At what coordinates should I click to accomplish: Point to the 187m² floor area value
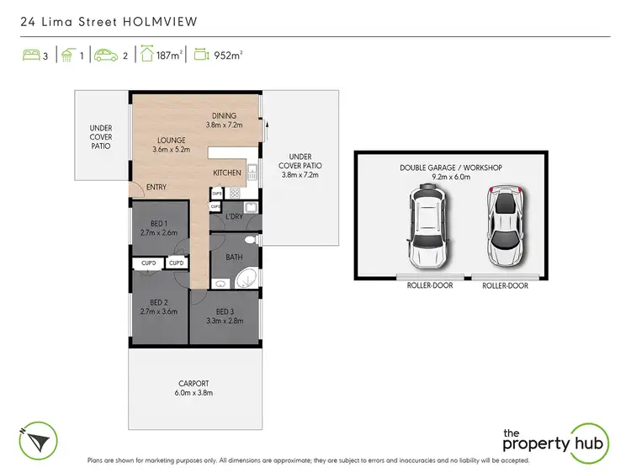171,57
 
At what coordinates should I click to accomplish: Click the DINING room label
224,116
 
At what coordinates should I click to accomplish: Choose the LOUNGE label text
172,141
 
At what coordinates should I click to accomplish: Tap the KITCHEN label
227,173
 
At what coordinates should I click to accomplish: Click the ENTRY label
156,187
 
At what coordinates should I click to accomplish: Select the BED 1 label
160,222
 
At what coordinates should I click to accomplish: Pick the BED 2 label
160,302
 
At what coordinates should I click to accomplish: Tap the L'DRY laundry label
235,218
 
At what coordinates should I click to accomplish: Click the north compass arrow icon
37,439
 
